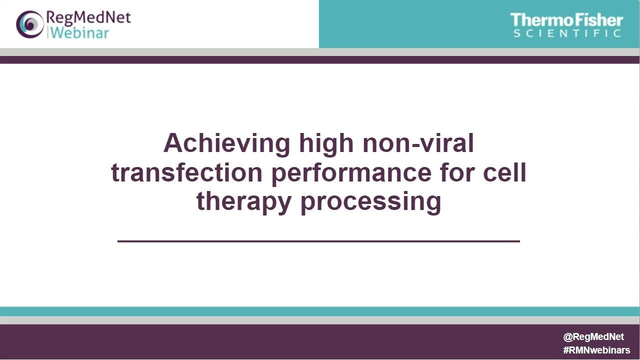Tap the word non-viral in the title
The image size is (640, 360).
click(418, 143)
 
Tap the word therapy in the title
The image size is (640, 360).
click(244, 202)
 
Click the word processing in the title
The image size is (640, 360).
click(371, 202)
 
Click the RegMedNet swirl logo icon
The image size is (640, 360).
click(29, 24)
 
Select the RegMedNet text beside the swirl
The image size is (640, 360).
click(88, 18)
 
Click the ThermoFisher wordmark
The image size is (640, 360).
click(566, 20)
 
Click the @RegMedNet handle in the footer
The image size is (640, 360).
click(593, 337)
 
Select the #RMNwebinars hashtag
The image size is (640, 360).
click(596, 350)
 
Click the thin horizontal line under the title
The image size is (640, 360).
click(318, 241)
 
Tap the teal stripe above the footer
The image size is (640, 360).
click(320, 311)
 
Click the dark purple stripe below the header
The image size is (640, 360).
click(320, 59)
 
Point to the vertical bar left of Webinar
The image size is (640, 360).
click(47, 33)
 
